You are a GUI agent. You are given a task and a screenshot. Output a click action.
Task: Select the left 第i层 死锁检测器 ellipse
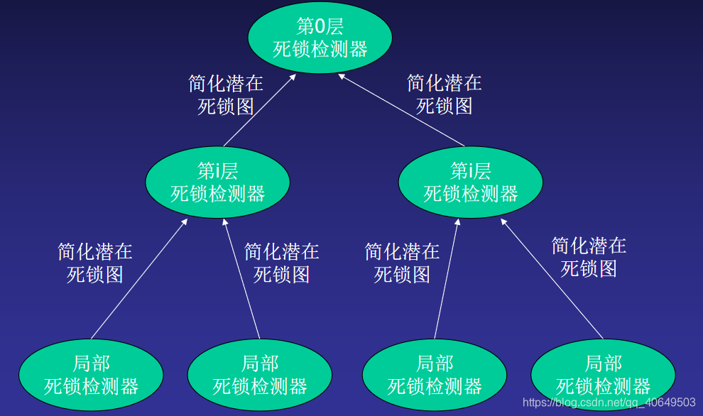click(217, 182)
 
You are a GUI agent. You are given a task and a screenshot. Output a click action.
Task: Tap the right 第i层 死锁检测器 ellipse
click(471, 182)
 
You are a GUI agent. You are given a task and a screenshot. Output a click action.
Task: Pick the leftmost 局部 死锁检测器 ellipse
click(91, 375)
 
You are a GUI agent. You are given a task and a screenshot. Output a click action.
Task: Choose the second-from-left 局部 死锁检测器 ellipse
click(260, 375)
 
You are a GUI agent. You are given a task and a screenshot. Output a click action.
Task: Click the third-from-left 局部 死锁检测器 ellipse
click(435, 375)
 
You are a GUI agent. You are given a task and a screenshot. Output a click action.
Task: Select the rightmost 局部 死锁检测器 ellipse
click(603, 375)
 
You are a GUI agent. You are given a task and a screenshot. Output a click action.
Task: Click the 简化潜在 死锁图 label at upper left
click(226, 95)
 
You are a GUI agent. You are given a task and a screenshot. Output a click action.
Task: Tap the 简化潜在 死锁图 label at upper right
click(445, 94)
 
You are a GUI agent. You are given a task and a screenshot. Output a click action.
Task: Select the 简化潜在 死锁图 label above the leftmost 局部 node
click(95, 263)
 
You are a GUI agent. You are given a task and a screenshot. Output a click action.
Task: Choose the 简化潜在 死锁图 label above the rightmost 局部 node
click(589, 257)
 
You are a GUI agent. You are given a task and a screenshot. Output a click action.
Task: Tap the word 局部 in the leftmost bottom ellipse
click(91, 364)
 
